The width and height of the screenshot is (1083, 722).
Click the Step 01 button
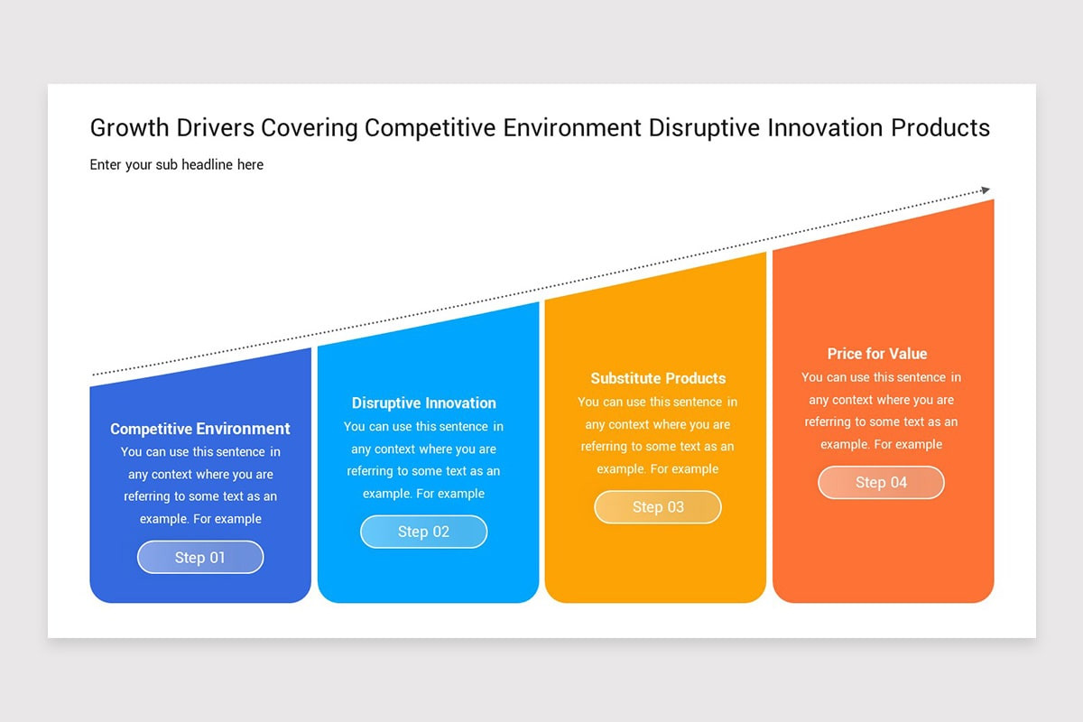pyautogui.click(x=200, y=557)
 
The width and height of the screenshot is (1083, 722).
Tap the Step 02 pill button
pyautogui.click(x=423, y=532)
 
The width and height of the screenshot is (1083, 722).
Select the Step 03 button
pyautogui.click(x=658, y=506)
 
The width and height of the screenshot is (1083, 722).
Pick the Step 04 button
pyautogui.click(x=881, y=482)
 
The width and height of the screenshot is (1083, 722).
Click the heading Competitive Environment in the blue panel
pyautogui.click(x=200, y=429)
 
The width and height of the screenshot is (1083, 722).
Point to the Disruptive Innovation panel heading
pyautogui.click(x=423, y=403)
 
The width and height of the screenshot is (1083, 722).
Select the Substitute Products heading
pyautogui.click(x=658, y=378)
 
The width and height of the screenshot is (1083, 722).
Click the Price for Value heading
pyautogui.click(x=877, y=354)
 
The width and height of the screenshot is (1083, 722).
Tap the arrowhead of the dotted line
pyautogui.click(x=986, y=190)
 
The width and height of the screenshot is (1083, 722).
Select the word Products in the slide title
pyautogui.click(x=940, y=128)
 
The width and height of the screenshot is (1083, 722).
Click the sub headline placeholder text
pyautogui.click(x=177, y=164)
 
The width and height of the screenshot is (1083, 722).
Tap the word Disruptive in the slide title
pyautogui.click(x=704, y=128)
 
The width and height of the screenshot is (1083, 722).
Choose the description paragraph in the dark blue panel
pyautogui.click(x=200, y=486)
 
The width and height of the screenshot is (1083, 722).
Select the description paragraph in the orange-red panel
pyautogui.click(x=881, y=411)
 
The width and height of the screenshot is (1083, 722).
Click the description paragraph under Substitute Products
pyautogui.click(x=658, y=435)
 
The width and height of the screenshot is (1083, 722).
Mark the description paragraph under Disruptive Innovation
pyautogui.click(x=423, y=460)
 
